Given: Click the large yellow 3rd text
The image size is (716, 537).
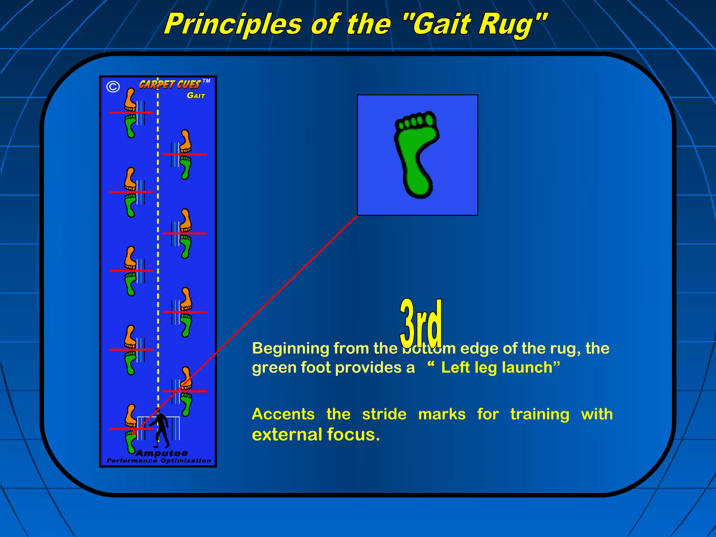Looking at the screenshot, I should point(421,323).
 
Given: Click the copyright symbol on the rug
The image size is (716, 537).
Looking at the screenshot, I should point(113,87).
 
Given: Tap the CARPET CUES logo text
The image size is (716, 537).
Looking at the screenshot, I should point(170,85).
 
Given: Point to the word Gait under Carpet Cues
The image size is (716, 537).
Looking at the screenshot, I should point(196,95).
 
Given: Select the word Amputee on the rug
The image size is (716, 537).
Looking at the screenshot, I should point(162,453).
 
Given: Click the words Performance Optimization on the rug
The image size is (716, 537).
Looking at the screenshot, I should point(159,461).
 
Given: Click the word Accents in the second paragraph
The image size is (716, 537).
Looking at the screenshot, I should point(283,414).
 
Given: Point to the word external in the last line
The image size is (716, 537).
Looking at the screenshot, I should point(287,435).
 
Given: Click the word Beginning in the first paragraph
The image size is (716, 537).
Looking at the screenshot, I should point(291,349).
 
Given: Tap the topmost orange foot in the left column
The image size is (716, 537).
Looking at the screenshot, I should point(130,100).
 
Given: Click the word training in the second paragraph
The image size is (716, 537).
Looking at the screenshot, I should point(539,415).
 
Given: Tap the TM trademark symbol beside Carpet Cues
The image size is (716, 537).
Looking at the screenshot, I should point(206,81).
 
